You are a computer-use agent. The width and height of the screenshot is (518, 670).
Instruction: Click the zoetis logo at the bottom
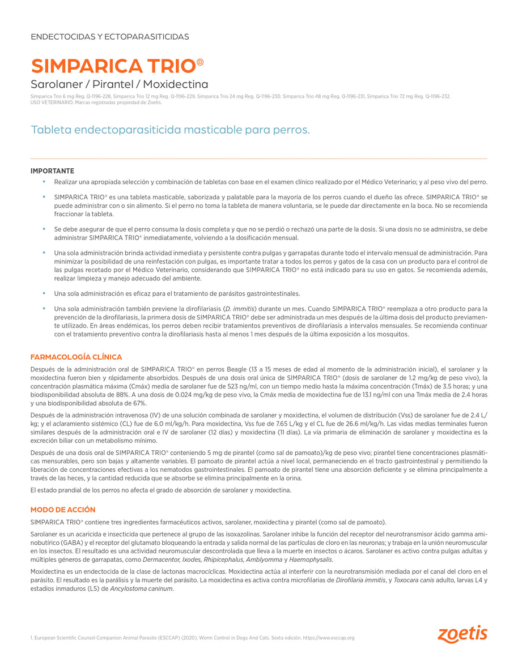(462, 634)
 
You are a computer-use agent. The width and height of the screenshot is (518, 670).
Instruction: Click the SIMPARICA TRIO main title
(113, 66)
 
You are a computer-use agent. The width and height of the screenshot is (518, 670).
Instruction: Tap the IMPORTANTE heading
(52, 171)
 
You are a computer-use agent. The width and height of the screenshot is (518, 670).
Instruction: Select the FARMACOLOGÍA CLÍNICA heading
(76, 357)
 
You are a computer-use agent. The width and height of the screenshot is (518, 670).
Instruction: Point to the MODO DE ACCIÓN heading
(63, 510)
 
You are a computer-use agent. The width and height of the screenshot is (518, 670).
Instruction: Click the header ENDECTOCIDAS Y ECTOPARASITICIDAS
(109, 37)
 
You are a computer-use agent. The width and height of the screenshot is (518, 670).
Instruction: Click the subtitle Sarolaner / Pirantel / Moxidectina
(119, 85)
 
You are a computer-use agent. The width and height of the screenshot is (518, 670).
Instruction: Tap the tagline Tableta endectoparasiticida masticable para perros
(170, 130)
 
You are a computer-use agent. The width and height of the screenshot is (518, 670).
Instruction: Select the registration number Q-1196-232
(438, 97)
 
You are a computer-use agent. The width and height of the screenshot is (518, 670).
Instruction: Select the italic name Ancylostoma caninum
(145, 589)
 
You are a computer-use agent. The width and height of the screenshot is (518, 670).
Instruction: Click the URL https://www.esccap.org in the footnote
(329, 638)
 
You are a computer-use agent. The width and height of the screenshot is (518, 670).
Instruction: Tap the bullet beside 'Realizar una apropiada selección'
(44, 182)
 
